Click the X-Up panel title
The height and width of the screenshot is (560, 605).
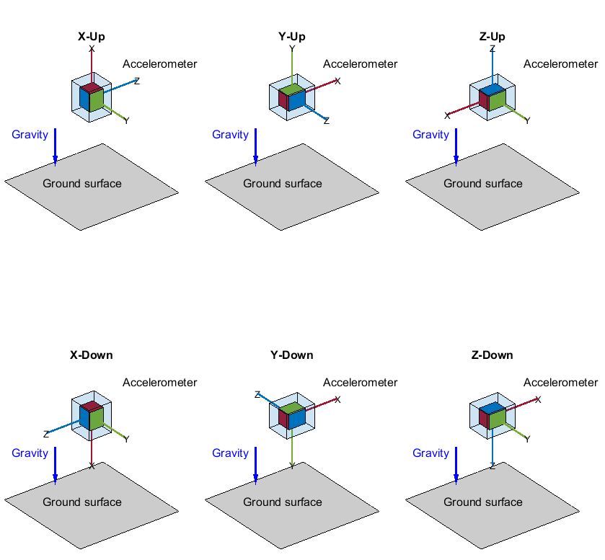point(92,36)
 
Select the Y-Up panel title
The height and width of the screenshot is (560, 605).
point(291,36)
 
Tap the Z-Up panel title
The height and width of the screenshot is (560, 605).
point(492,36)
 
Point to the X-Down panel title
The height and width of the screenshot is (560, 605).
point(91,355)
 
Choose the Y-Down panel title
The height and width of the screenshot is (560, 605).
point(291,355)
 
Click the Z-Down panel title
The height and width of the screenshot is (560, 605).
point(492,355)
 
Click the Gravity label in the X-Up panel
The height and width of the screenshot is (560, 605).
point(30,135)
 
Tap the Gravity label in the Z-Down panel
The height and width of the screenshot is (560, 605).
point(430,453)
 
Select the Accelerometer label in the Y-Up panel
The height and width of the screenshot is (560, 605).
point(360,64)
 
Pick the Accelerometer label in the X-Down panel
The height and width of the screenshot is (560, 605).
point(159,383)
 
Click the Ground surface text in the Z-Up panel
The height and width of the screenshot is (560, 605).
point(482,184)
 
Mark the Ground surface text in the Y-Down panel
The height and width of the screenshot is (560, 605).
point(282,502)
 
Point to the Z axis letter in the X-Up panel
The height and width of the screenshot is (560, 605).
point(137,81)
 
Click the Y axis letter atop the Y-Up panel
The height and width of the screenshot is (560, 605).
point(292,49)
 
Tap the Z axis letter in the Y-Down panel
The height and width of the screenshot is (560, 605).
point(257,395)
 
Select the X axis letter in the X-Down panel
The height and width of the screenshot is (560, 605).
point(92,466)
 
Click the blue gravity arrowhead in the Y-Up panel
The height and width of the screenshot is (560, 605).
point(255,159)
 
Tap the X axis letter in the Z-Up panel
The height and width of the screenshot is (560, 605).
point(447,115)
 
